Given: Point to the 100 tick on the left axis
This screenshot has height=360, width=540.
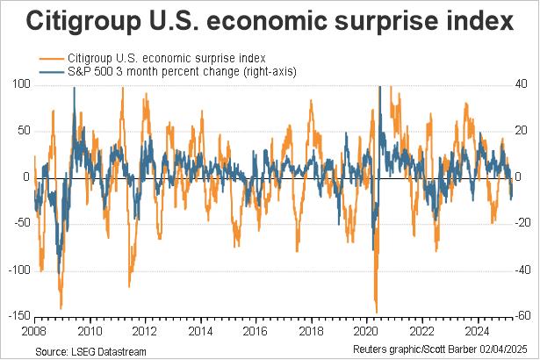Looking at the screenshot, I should tap(18, 84).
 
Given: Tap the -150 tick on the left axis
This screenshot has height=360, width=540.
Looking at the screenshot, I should tap(17, 316).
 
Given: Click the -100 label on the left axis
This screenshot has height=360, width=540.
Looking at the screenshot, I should tap(17, 270).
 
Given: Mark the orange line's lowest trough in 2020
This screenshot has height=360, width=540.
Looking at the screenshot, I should tap(376, 312).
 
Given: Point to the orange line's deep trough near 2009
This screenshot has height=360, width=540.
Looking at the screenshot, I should tap(61, 308).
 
